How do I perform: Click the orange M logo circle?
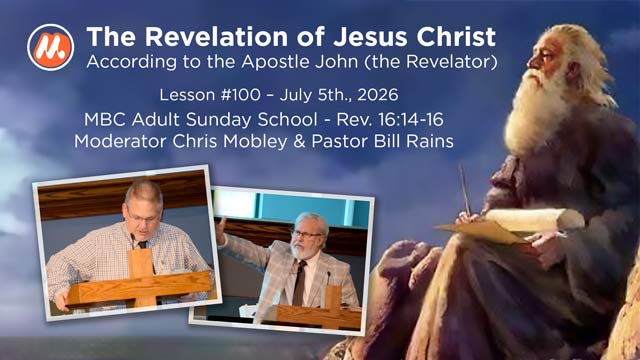[51, 47]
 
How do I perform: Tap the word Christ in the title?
[456, 37]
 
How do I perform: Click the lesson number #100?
[240, 95]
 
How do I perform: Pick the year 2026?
[377, 95]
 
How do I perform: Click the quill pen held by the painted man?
[465, 190]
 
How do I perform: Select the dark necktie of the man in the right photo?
[299, 282]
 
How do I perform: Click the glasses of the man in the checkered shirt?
[143, 218]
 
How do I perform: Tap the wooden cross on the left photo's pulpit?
[141, 279]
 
